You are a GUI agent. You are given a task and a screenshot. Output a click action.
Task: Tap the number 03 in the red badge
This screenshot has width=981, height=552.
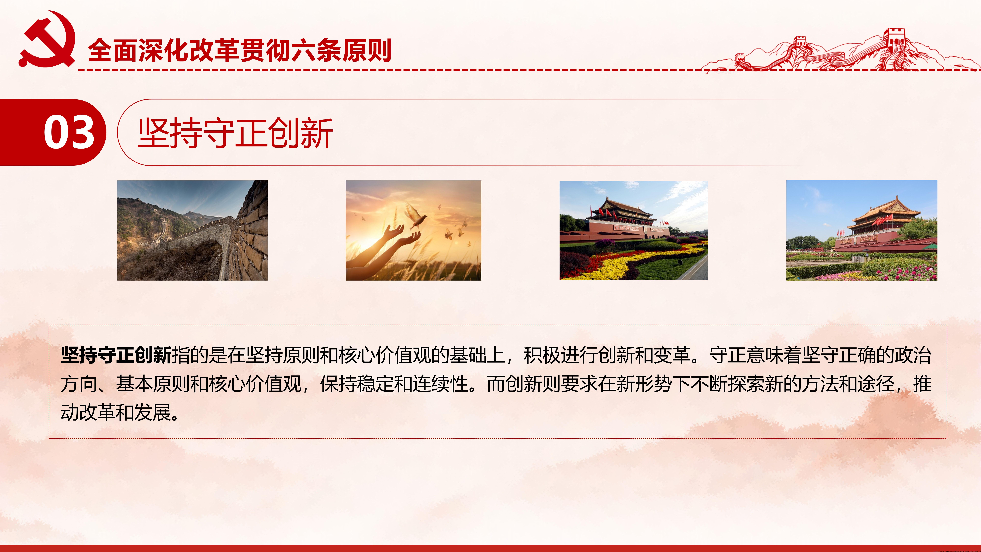click(69, 132)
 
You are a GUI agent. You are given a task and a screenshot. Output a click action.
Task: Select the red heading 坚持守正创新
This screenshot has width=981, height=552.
click(235, 133)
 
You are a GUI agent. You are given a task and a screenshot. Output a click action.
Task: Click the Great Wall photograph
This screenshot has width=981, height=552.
click(192, 230)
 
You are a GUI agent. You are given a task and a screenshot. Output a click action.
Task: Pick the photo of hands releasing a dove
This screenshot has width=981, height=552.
click(413, 230)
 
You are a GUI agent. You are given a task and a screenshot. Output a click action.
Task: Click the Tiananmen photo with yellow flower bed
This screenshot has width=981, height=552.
click(634, 230)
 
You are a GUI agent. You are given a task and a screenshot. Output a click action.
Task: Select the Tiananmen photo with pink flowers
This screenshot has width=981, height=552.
click(862, 230)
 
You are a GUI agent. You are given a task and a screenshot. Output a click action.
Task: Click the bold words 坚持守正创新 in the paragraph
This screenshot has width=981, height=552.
click(116, 355)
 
